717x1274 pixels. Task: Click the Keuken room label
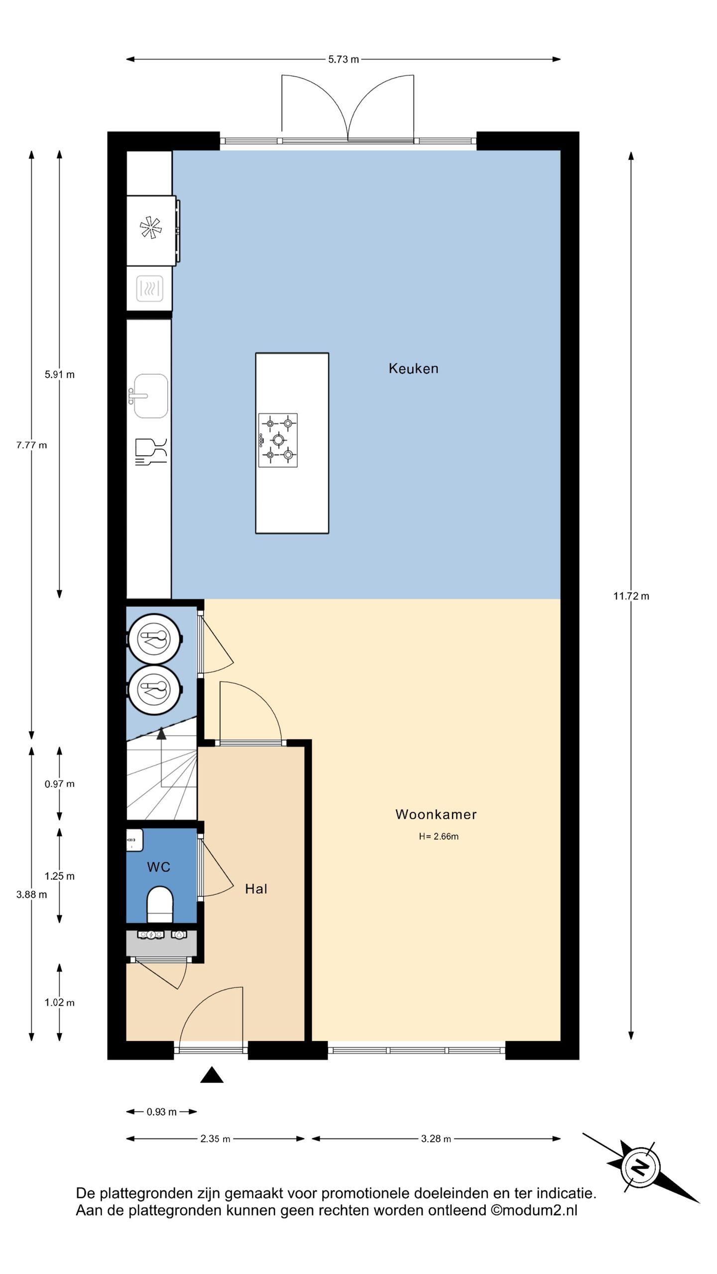pos(413,369)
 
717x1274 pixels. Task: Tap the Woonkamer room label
pos(436,814)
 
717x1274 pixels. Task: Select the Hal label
pos(256,889)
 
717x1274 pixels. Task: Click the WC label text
pos(159,867)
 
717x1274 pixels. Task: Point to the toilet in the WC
pos(160,904)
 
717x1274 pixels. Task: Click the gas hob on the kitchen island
pos(278,440)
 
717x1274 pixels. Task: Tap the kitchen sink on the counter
pos(150,396)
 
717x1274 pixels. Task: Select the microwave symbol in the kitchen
pos(149,288)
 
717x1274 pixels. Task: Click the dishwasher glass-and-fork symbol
pos(151,451)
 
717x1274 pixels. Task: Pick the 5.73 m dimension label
pos(344,59)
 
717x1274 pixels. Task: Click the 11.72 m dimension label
pos(631,596)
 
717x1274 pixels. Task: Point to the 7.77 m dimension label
pos(31,445)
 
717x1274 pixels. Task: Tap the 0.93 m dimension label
pos(161,1112)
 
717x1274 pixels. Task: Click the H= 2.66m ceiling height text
pos(439,837)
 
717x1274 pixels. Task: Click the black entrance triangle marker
pos(212,1076)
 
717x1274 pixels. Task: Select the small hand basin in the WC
pos(134,840)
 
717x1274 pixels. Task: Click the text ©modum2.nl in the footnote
pos(534,1210)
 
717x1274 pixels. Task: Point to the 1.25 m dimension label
pos(59,876)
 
